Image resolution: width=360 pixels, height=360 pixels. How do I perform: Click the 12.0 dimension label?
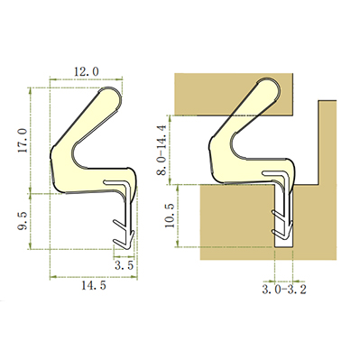click(87, 71)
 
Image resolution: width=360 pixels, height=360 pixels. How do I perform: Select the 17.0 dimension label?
click(23, 140)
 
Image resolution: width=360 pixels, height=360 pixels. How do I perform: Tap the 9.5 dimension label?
click(23, 220)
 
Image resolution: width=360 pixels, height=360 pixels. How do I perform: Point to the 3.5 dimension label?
click(124, 265)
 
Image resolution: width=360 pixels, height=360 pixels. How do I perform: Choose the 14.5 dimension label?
click(94, 285)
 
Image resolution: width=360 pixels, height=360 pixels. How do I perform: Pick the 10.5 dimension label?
click(170, 216)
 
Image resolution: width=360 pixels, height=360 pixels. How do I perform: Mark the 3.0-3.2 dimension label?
click(284, 290)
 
